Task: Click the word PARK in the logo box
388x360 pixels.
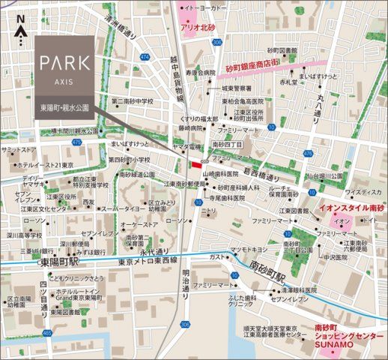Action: (x=63, y=61)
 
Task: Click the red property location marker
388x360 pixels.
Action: (x=196, y=165)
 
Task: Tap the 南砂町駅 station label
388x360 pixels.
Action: (x=268, y=268)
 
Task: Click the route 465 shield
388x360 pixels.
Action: (x=48, y=331)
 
